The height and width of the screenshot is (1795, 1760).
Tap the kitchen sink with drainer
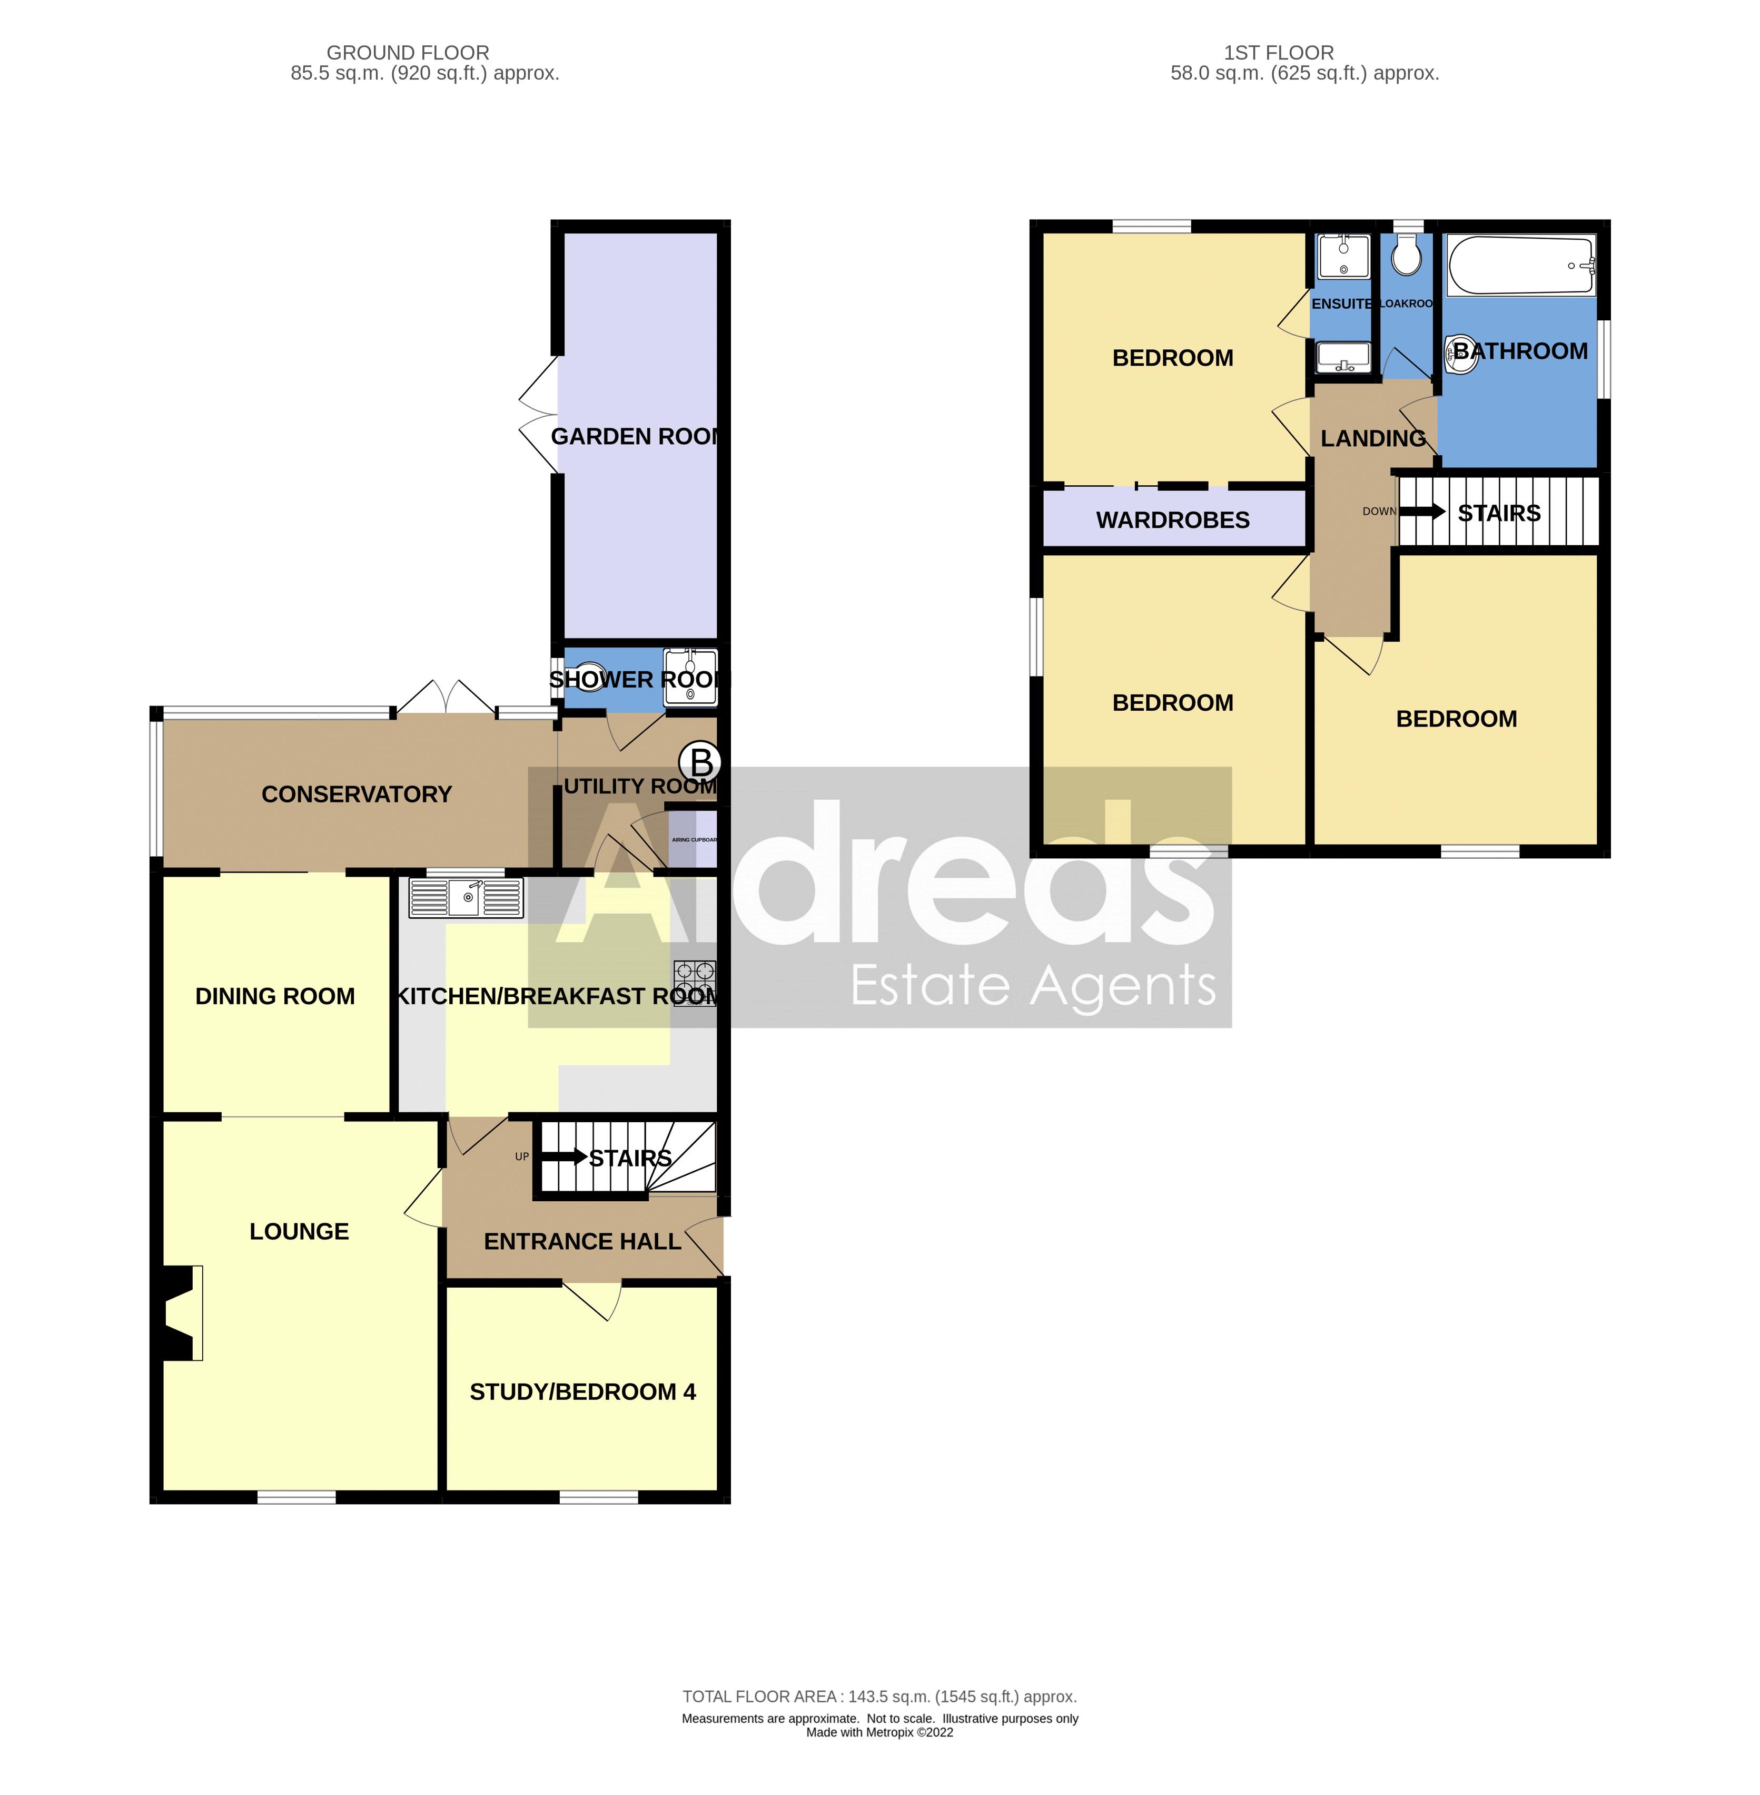[466, 897]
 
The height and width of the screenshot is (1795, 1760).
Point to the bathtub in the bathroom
[1520, 266]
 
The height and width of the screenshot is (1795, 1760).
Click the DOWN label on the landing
[1378, 512]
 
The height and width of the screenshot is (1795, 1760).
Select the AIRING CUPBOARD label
[693, 840]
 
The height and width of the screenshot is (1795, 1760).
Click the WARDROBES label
[1172, 521]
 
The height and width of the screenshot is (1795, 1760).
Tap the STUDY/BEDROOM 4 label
[582, 1392]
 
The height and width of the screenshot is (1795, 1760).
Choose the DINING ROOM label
[274, 996]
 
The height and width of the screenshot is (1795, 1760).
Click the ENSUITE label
[1341, 304]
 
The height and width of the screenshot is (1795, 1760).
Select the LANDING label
[1373, 438]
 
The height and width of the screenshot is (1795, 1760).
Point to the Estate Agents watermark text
[1033, 987]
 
